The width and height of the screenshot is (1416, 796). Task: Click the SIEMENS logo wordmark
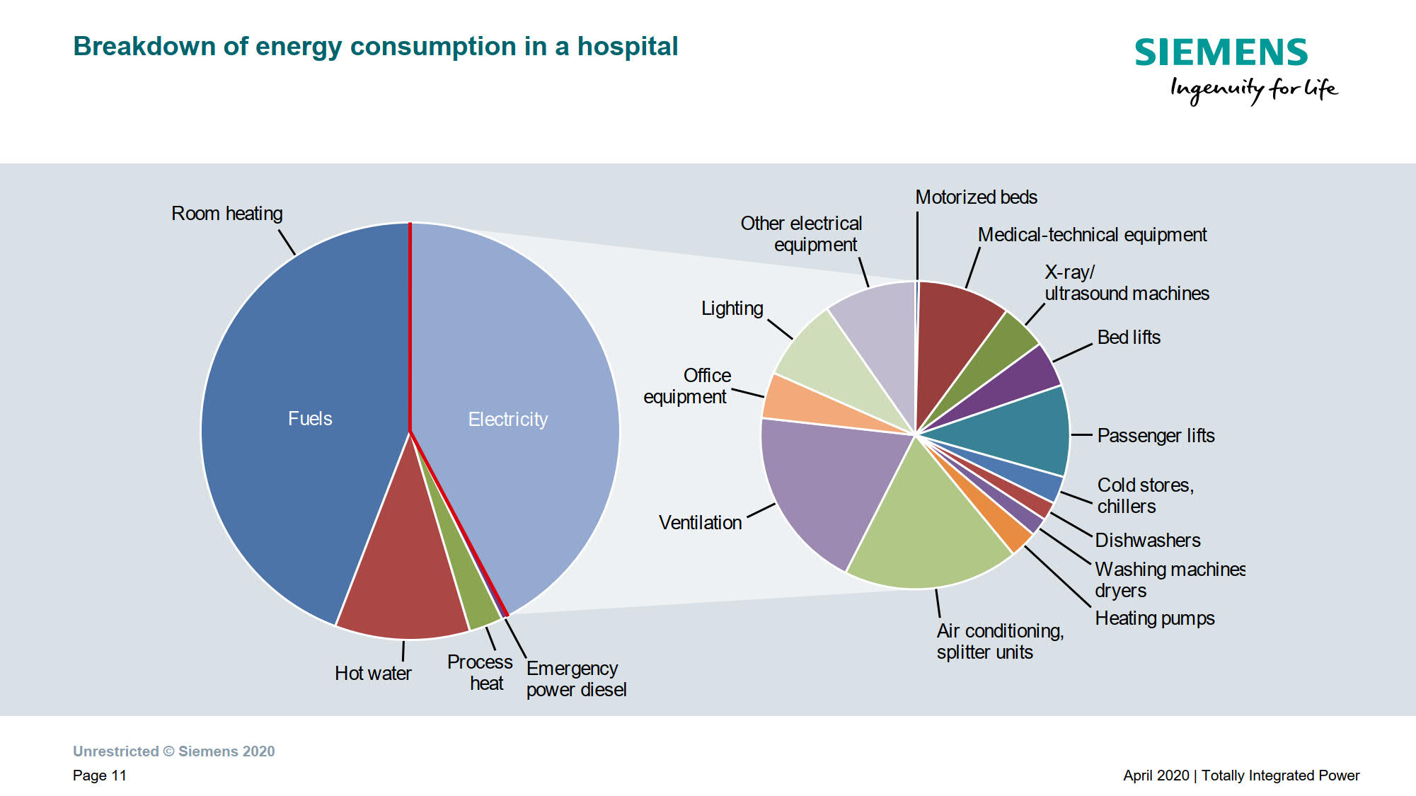pyautogui.click(x=1221, y=53)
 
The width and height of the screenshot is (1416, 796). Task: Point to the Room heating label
pyautogui.click(x=226, y=214)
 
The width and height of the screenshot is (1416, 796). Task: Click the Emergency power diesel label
pyautogui.click(x=576, y=679)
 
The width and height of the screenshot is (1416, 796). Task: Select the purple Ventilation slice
pyautogui.click(x=828, y=481)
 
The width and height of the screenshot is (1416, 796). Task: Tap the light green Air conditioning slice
pyautogui.click(x=927, y=531)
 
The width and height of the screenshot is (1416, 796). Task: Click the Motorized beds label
pyautogui.click(x=976, y=197)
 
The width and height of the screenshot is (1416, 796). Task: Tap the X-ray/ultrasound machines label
pyautogui.click(x=1127, y=283)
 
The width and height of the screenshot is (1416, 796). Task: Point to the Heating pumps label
pyautogui.click(x=1154, y=618)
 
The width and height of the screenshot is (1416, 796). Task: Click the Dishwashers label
pyautogui.click(x=1147, y=541)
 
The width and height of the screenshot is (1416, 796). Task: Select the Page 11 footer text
pyautogui.click(x=99, y=775)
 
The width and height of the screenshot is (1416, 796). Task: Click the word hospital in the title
pyautogui.click(x=628, y=47)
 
